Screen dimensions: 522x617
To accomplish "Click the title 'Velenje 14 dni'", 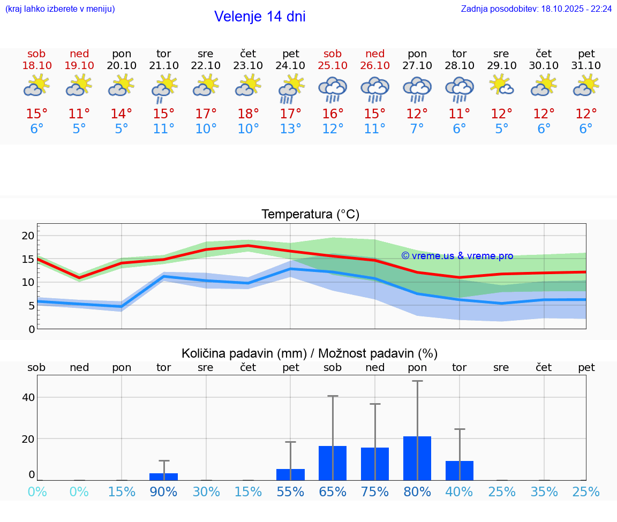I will pyautogui.click(x=260, y=17).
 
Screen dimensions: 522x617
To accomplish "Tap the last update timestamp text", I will pyautogui.click(x=536, y=9).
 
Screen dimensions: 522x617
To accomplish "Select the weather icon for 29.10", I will pyautogui.click(x=502, y=86).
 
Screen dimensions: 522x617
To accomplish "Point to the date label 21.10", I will pyautogui.click(x=163, y=65).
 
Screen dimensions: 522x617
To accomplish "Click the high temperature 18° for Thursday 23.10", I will pyautogui.click(x=248, y=114).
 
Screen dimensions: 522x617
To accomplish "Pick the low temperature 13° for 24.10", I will pyautogui.click(x=290, y=128).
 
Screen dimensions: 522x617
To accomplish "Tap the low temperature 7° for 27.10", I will pyautogui.click(x=417, y=128).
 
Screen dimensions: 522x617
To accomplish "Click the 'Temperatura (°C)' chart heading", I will pyautogui.click(x=310, y=215).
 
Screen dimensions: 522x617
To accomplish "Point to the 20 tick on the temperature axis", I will pyautogui.click(x=28, y=236).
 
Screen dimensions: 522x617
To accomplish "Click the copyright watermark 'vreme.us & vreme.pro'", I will pyautogui.click(x=457, y=256).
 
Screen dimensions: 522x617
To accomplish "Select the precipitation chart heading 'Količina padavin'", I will pyautogui.click(x=309, y=353).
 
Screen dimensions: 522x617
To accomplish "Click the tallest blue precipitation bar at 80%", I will pyautogui.click(x=417, y=458).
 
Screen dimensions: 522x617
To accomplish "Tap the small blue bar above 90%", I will pyautogui.click(x=163, y=476).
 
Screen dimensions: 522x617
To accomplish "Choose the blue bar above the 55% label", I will pyautogui.click(x=290, y=474).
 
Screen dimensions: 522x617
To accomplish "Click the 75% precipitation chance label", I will pyautogui.click(x=375, y=491).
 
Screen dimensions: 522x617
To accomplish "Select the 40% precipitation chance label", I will pyautogui.click(x=460, y=491).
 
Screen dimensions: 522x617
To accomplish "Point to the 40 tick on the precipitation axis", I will pyautogui.click(x=28, y=397).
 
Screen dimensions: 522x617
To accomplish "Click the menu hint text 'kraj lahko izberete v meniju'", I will pyautogui.click(x=59, y=9).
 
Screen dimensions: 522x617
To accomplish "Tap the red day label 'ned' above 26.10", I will pyautogui.click(x=375, y=54).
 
